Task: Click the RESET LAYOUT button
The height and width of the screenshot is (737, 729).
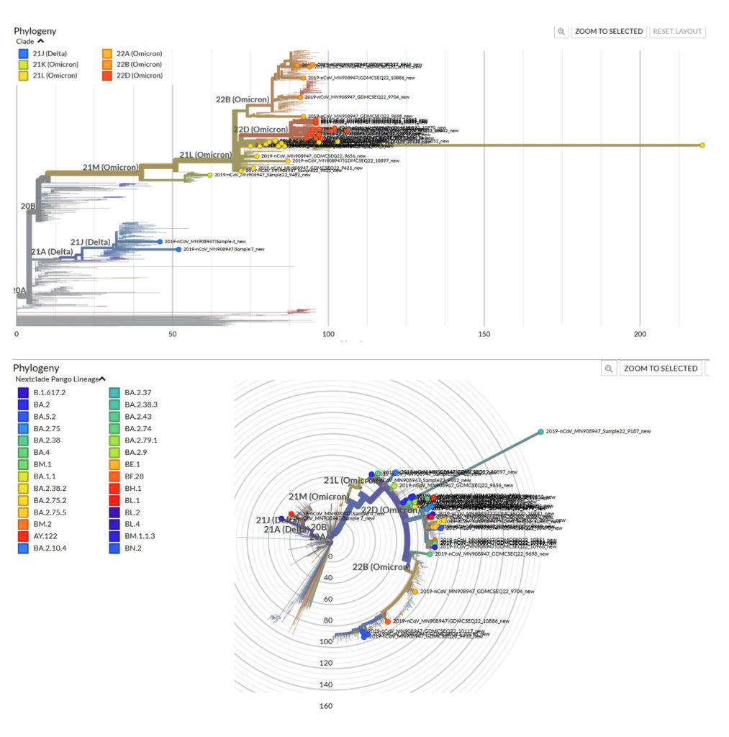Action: coord(677,31)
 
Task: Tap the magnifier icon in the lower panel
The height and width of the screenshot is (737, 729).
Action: coord(609,368)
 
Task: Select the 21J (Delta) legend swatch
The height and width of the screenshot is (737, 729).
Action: coord(24,54)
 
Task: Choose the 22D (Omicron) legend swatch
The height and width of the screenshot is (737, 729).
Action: coord(107,76)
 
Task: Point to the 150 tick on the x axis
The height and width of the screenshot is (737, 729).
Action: coord(484,335)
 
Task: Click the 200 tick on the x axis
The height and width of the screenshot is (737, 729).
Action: coord(640,335)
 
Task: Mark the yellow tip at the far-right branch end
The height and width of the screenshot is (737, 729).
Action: coord(702,145)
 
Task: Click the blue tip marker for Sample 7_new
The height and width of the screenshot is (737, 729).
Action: coord(178,249)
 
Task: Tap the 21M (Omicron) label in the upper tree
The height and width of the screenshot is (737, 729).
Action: coord(109,168)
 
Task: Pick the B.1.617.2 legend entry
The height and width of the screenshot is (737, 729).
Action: coord(50,392)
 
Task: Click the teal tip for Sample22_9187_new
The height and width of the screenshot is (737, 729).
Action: coord(540,432)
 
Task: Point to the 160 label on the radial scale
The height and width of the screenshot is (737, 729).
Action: coord(326,706)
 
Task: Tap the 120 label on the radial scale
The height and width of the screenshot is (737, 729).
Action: coord(326,663)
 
